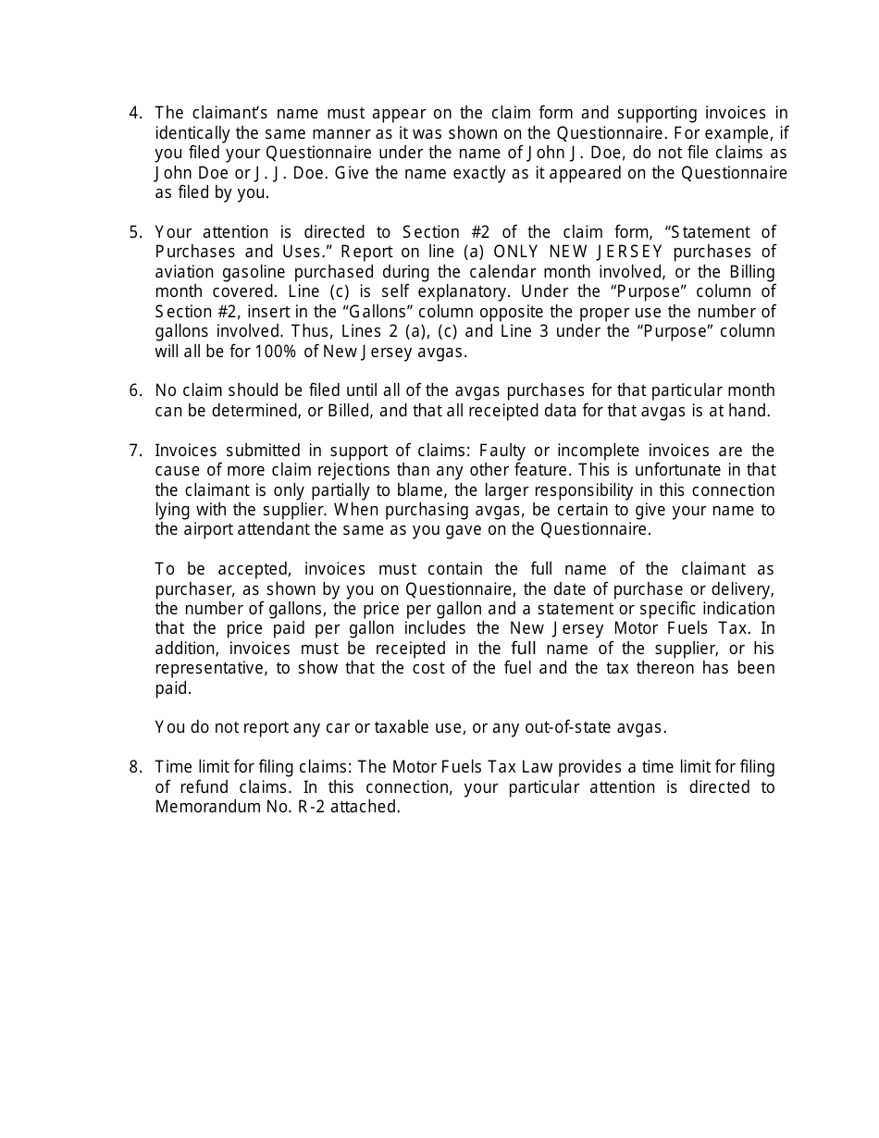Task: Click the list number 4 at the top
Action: click(134, 113)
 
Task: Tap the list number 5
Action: click(134, 232)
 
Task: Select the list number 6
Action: click(134, 390)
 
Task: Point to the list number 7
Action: click(134, 451)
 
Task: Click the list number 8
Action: click(134, 767)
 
